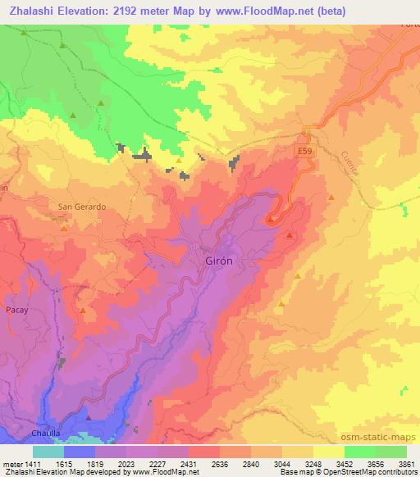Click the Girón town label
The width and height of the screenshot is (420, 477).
pos(219,260)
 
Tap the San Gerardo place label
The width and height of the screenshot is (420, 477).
pos(81,207)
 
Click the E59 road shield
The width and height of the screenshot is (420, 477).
pos(304,152)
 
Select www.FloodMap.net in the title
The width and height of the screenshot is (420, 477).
pos(253,11)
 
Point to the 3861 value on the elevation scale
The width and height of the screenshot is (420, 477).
pos(407,463)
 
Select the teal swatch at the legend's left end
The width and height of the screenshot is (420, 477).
pos(48,452)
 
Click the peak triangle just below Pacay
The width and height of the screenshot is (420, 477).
pos(82,310)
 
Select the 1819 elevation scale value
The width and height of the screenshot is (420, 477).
pos(103,463)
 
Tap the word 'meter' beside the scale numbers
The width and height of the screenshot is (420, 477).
pos(11,463)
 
